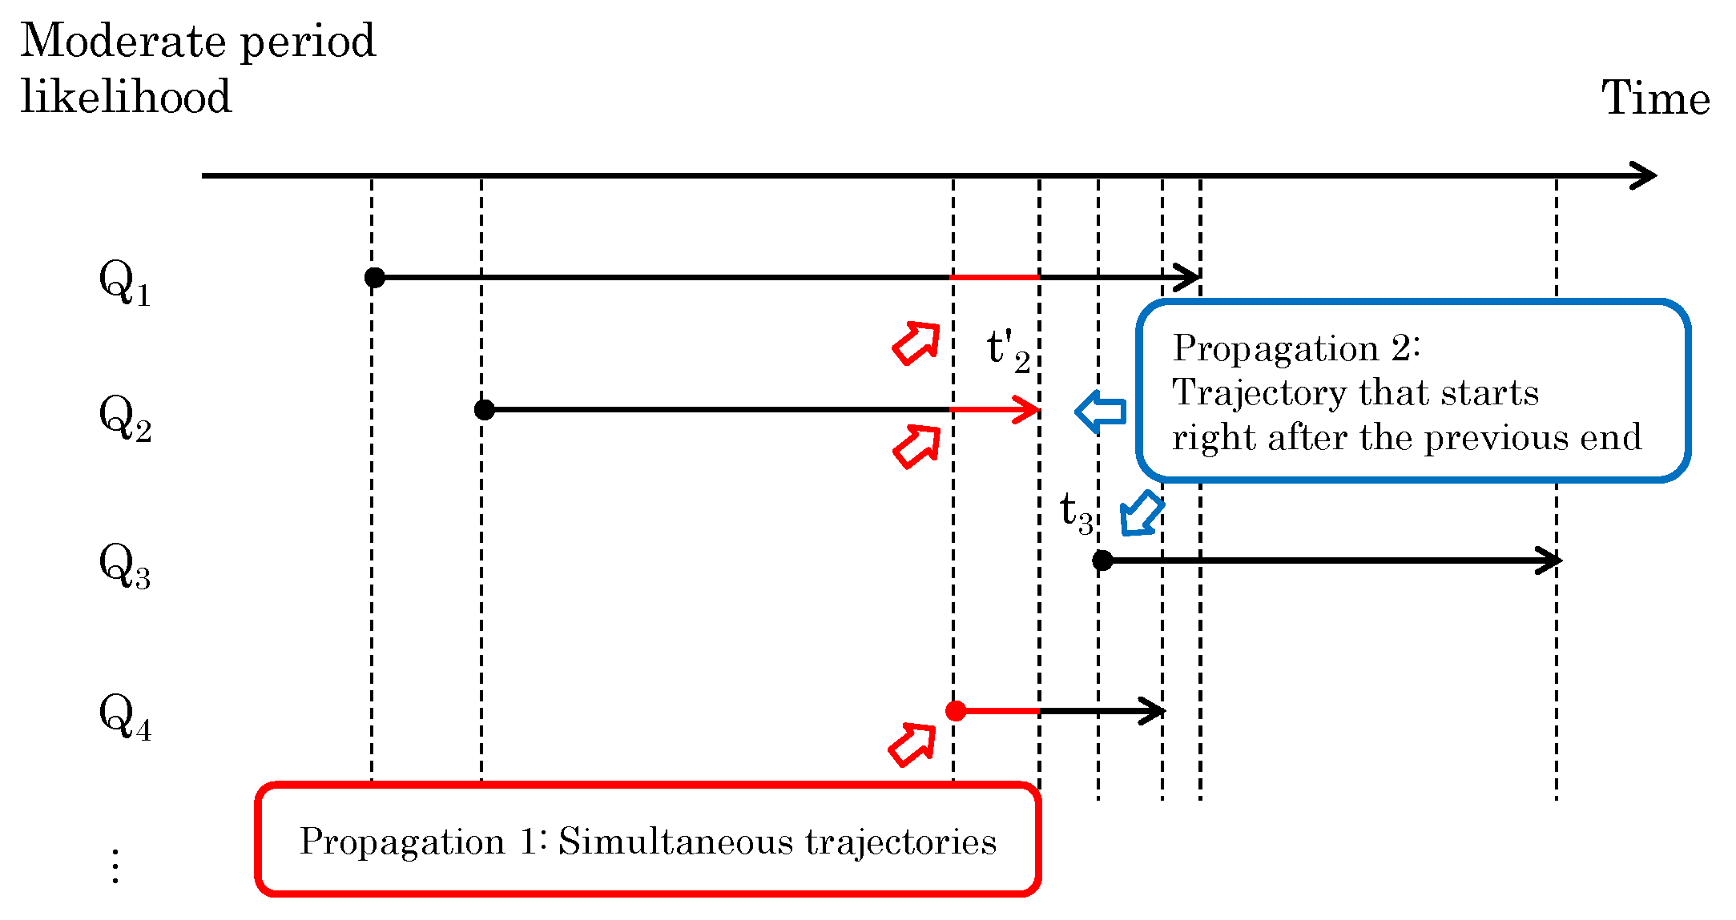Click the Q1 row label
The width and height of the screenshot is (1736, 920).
click(124, 283)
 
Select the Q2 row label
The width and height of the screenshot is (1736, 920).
click(125, 419)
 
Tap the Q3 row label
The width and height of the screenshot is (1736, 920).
click(124, 566)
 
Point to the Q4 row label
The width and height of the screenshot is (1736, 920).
click(124, 717)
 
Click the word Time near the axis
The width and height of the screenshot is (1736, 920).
click(1655, 99)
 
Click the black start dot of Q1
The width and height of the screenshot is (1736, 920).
click(374, 278)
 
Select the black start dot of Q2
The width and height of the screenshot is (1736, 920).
click(484, 410)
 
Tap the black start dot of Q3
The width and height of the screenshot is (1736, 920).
click(1102, 560)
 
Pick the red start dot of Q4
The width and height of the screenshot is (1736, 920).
click(955, 711)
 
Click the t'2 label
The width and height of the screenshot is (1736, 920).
click(1008, 351)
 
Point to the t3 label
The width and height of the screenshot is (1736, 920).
click(1076, 512)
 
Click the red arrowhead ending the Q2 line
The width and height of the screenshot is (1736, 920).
click(1028, 410)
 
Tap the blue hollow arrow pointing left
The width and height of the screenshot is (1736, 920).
click(1101, 412)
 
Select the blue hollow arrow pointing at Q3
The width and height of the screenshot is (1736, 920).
click(1141, 513)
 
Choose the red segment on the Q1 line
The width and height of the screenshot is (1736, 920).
click(995, 278)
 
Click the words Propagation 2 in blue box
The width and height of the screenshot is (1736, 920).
click(1295, 349)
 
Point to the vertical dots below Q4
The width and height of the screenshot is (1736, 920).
click(115, 866)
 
